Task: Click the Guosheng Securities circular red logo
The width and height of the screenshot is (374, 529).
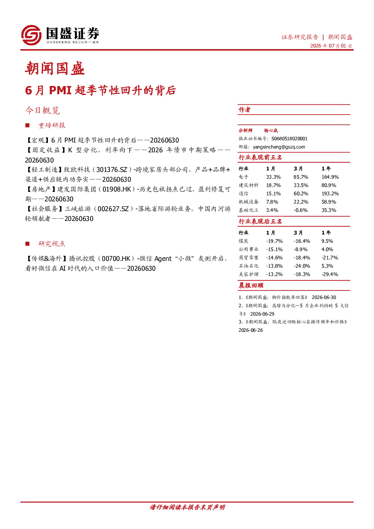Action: coord(31,35)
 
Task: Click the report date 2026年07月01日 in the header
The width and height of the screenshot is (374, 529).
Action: coord(331,46)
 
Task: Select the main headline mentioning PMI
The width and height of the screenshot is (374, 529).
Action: coord(100,90)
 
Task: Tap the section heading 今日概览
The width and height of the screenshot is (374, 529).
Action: coord(43,110)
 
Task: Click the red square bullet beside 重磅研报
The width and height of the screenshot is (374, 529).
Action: coord(28,126)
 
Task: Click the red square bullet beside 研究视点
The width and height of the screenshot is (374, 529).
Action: coord(28,244)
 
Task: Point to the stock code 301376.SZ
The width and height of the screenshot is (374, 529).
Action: coord(112,170)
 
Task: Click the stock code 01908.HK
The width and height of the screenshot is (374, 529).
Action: coord(117,189)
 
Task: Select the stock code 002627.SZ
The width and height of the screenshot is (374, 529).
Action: coord(113,209)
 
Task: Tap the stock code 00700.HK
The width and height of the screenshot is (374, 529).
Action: coord(116,259)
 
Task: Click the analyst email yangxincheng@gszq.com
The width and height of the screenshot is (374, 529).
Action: coord(279,147)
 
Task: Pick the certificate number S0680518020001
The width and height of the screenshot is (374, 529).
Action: coord(289,139)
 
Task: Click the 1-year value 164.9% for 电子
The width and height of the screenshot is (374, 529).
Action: coord(330,177)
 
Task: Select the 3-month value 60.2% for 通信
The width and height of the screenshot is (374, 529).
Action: coord(301,194)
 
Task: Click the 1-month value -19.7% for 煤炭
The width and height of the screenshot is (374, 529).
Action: coord(274,241)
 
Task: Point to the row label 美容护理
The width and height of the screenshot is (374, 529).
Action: coord(248,274)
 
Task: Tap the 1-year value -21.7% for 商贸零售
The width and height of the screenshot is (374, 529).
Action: coord(330,258)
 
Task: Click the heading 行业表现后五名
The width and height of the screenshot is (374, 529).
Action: coord(260,222)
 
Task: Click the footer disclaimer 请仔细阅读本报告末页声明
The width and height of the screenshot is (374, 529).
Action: coord(187,507)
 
